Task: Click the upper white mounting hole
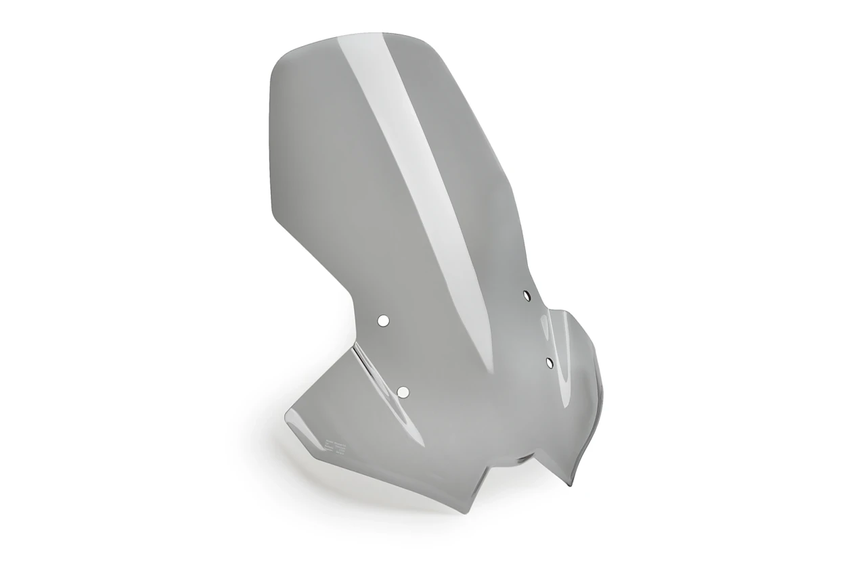click(x=382, y=321)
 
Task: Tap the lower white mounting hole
click(x=403, y=392)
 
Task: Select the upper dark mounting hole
click(x=527, y=295)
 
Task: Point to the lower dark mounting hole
click(x=549, y=362)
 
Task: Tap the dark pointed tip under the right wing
click(x=572, y=483)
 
